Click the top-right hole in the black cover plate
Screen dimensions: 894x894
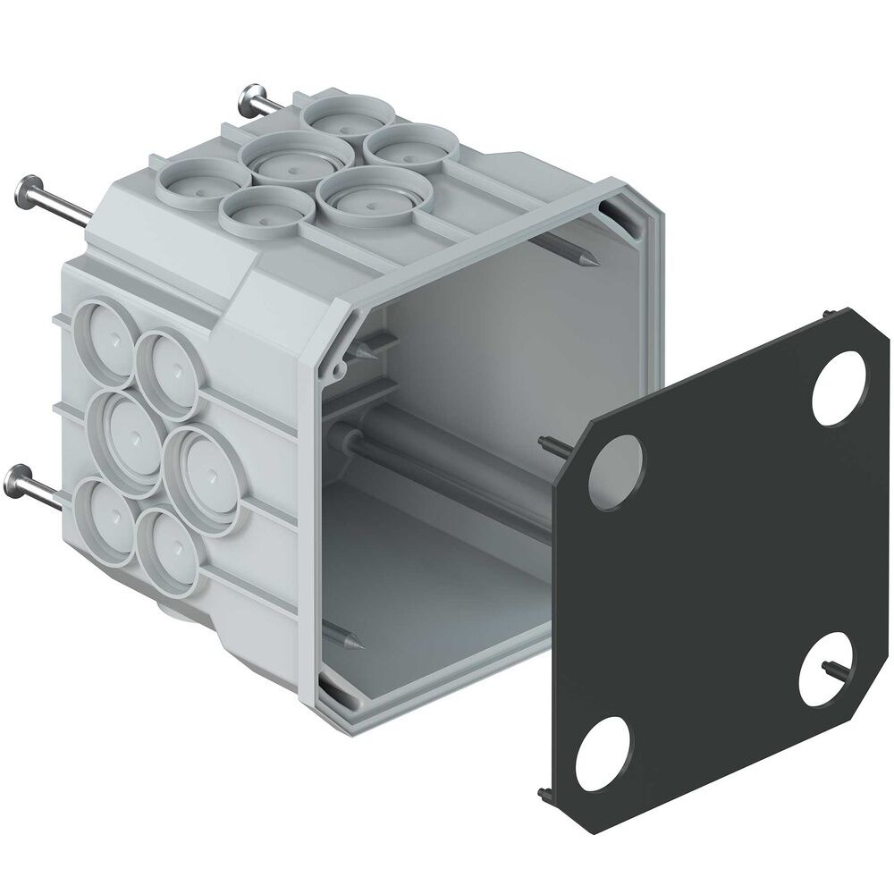[840, 380]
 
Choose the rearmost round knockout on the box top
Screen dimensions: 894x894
[347, 115]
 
